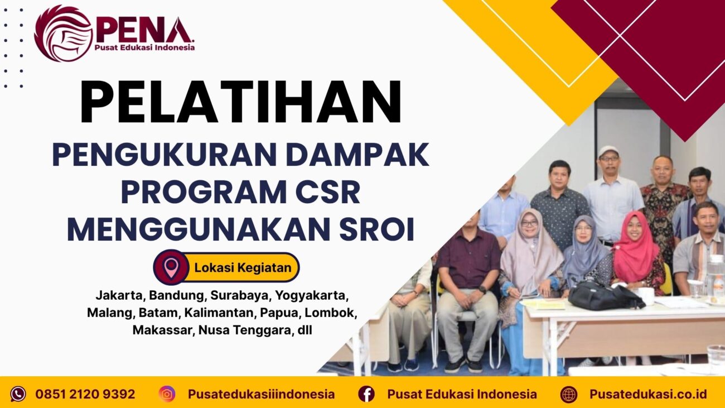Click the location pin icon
tap(171, 267)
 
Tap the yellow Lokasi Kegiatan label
tap(243, 267)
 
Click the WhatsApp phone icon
tap(18, 394)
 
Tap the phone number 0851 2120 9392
tap(85, 394)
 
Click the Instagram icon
tap(167, 394)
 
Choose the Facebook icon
tap(366, 394)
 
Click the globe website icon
tap(569, 394)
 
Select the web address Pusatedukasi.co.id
tap(648, 394)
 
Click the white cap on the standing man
tap(608, 151)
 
